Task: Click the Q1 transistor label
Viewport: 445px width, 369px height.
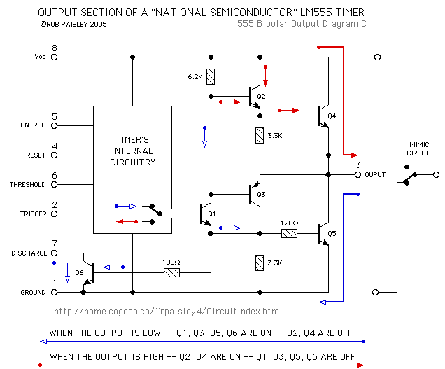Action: [212, 213]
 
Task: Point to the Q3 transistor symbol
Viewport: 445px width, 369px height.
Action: [253, 194]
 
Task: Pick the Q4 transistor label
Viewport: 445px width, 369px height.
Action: [332, 116]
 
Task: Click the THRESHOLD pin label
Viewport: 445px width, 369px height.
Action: [28, 185]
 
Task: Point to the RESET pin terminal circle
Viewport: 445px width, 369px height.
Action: [54, 155]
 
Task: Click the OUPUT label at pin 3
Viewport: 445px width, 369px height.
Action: [376, 174]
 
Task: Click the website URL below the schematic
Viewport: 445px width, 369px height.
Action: [168, 311]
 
